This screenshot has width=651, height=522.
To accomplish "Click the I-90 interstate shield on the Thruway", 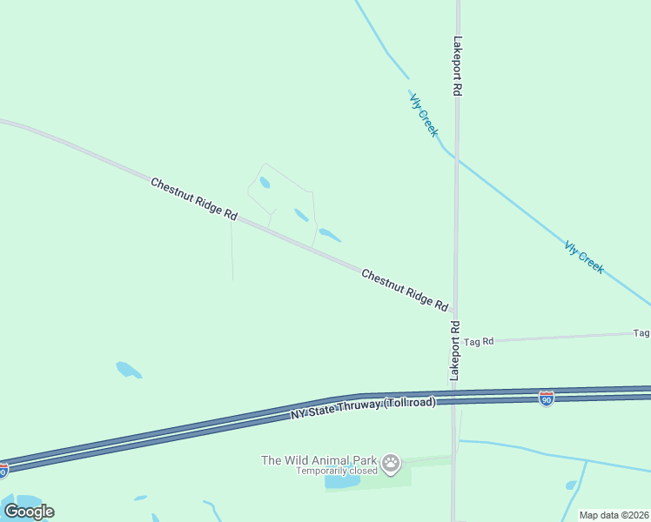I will pos(546,398).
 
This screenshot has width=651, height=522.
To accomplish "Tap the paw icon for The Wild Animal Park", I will pos(392,463).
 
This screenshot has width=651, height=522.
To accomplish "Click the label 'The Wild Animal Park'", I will pos(319,460).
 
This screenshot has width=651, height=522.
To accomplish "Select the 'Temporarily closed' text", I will pos(336,471).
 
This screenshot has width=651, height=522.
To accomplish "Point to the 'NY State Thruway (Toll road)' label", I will pos(363,409).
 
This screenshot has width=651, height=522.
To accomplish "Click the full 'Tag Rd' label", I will pos(478,342).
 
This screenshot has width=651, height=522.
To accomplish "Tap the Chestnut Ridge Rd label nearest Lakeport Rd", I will pos(405,291).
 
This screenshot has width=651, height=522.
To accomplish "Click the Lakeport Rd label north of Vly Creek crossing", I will pos(457,66).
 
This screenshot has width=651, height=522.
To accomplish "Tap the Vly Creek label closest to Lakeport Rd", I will pos(423,113).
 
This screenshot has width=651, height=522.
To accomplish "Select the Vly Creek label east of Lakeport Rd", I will pos(584,258).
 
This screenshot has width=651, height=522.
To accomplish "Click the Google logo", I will pos(29,511).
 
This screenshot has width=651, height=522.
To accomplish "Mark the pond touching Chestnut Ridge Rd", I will pos(330,234).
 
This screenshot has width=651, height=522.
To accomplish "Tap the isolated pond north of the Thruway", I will pos(128,370).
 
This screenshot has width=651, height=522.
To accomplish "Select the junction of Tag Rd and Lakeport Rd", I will pos(455,341).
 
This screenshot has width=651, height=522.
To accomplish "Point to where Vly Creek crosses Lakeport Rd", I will pos(456,158).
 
